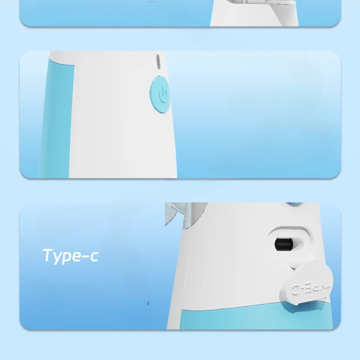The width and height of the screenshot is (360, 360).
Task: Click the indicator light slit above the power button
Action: click(158, 61)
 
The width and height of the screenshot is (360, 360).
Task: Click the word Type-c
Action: click(70, 256)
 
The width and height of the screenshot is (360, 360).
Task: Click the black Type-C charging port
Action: click(283, 244)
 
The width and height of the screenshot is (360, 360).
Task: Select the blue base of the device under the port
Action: click(252, 317)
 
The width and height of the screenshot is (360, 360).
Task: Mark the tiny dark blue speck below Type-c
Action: click(148, 303)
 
